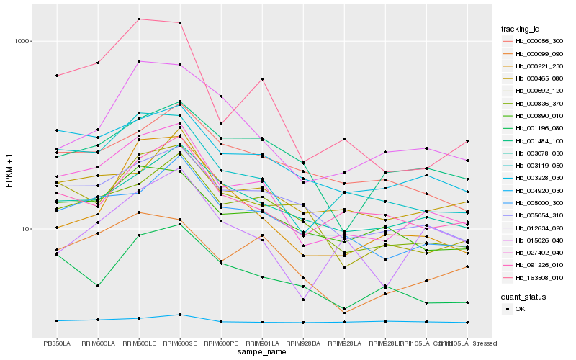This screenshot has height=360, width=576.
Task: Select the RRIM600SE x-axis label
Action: tap(180, 343)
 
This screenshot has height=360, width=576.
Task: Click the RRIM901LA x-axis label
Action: tap(263, 343)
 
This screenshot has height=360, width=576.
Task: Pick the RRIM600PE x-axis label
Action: tap(221, 343)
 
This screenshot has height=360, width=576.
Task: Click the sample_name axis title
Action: tap(262, 352)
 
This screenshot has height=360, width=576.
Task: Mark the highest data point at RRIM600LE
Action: tap(139, 19)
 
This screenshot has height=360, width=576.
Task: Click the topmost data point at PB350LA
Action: tap(56, 76)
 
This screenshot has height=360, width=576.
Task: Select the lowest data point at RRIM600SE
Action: tap(180, 315)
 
